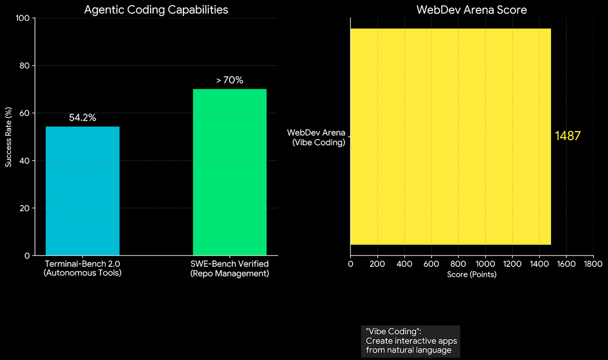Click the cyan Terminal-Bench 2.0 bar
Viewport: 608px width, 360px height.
pos(83,191)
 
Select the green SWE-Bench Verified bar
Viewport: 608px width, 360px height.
pos(229,172)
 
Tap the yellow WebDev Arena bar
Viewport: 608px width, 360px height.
pos(450,137)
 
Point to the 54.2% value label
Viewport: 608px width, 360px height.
pos(83,118)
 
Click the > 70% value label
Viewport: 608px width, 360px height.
pos(229,80)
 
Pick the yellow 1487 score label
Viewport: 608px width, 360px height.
pos(568,136)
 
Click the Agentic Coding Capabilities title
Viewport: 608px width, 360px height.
pos(156,9)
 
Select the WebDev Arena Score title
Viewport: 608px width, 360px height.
pos(472,9)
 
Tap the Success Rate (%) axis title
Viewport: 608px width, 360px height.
pos(9,137)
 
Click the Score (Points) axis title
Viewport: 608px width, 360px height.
pos(472,275)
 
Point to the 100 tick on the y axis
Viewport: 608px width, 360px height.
pos(23,18)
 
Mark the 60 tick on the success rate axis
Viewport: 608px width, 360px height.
pos(25,113)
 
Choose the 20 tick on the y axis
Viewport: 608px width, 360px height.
pos(25,208)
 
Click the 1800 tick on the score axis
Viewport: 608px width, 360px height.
pos(593,264)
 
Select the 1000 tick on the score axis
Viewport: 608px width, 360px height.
pos(485,264)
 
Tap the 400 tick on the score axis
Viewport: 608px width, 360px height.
pos(404,264)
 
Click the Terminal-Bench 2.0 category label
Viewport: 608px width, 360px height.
pos(83,268)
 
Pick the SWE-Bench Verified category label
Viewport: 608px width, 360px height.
pos(229,268)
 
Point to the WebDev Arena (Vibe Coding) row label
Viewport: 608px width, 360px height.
pos(316,137)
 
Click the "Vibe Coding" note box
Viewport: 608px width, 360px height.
pos(410,341)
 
